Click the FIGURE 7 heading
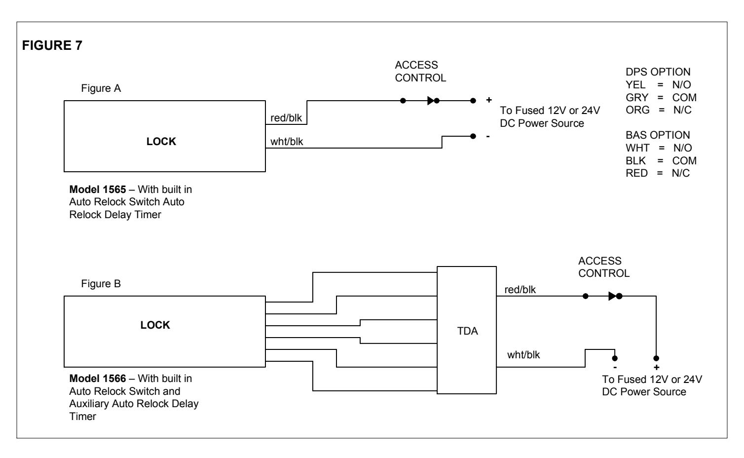coord(52,45)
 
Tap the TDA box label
coord(467,331)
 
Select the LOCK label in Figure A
coord(161,142)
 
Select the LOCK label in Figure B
coord(155,325)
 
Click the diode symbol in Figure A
coord(431,101)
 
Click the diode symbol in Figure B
coord(612,296)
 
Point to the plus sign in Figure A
coord(489,100)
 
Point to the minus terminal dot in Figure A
coord(473,136)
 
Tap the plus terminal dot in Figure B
coord(656,358)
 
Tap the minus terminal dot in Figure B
coord(615,358)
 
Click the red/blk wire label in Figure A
coord(286,118)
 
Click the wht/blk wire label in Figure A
coord(287,142)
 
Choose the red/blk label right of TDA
coord(520,290)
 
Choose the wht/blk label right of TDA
coord(523,355)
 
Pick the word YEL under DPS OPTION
coord(635,85)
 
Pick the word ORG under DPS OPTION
coord(637,110)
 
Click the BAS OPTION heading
coord(658,135)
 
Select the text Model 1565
coord(98,190)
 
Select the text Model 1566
coord(98,379)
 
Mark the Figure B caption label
coord(101,284)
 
